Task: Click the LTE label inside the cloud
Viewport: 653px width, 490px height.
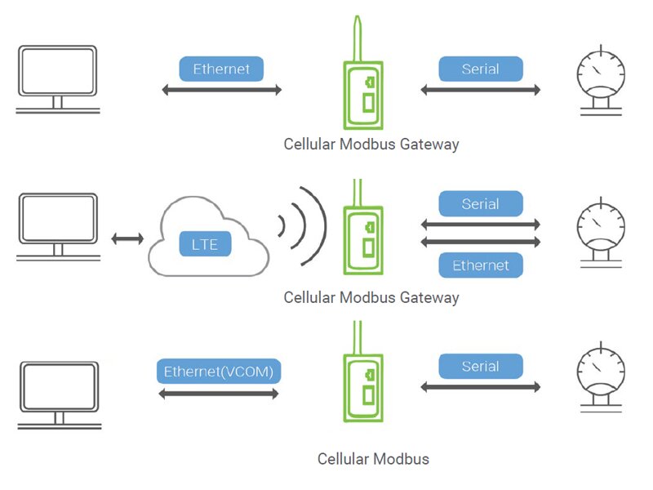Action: (205, 243)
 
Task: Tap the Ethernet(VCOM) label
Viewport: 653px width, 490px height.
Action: (219, 372)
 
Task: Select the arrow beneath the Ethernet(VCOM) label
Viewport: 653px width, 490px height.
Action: (219, 394)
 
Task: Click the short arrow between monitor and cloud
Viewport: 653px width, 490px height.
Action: (127, 238)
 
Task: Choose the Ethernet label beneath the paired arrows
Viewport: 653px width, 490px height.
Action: (480, 265)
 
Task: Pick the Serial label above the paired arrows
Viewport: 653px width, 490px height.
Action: (480, 203)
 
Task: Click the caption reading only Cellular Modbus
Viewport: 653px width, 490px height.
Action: (373, 458)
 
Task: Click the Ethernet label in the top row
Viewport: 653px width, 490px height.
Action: (222, 69)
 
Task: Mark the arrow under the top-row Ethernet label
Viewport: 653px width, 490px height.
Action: (222, 90)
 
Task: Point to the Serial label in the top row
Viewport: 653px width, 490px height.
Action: (480, 69)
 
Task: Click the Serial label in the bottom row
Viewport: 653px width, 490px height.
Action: (480, 366)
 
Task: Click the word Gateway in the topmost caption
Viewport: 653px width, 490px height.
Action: (429, 145)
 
